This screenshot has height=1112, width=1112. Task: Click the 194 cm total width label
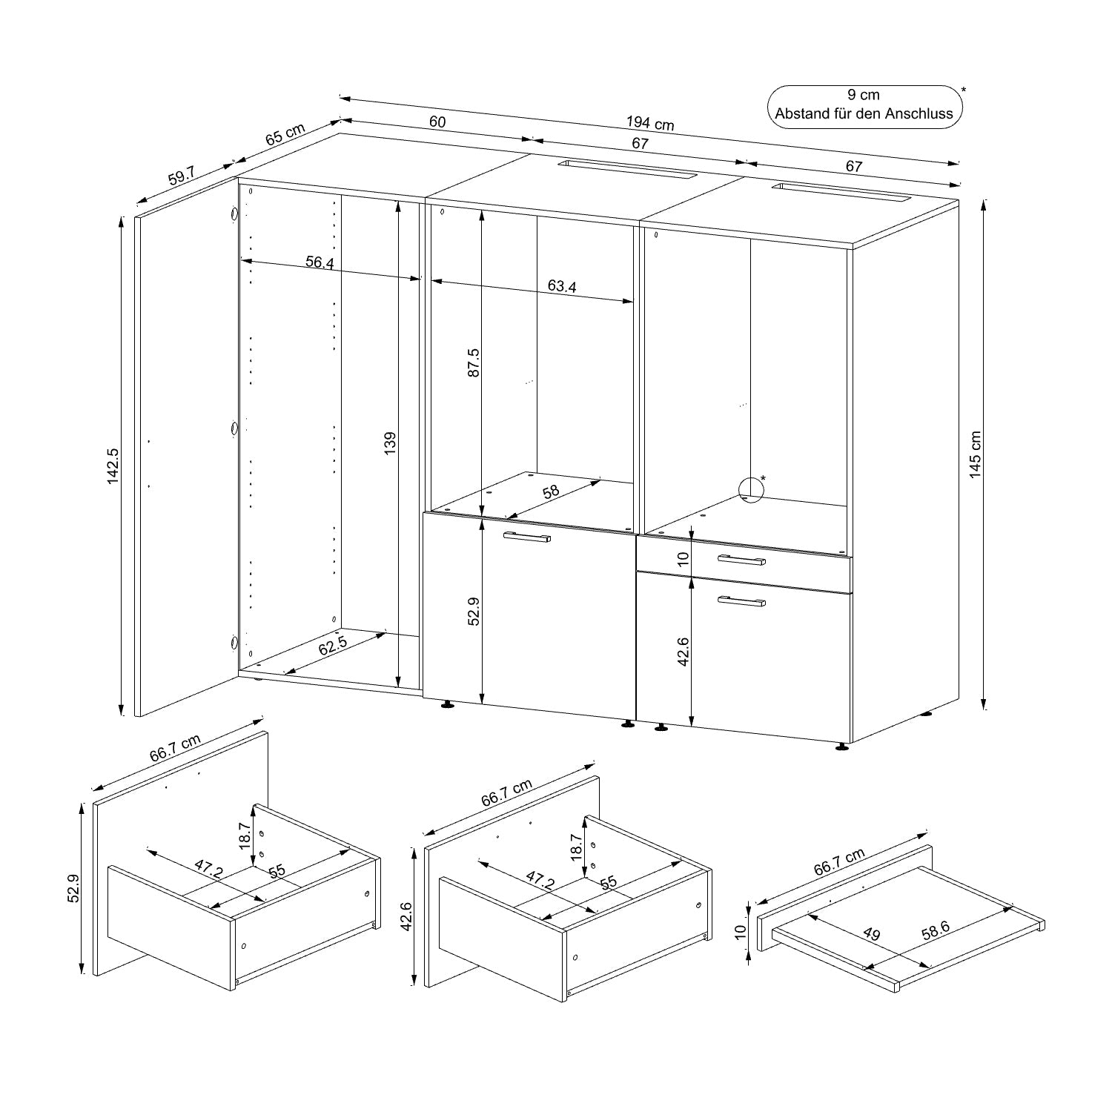coord(650,123)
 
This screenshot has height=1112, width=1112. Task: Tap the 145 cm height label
coord(976,454)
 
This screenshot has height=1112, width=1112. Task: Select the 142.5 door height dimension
coord(113,466)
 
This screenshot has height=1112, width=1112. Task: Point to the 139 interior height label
coord(391,443)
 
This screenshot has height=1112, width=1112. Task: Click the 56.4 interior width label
coord(320,262)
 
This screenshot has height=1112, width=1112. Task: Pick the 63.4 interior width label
coord(562,286)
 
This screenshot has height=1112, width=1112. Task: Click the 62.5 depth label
coord(333,646)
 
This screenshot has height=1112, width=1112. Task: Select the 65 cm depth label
coord(285,135)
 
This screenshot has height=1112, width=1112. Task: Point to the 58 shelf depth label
coord(551,491)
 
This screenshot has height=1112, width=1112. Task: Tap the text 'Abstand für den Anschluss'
coord(864,114)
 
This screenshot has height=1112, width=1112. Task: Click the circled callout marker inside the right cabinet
coord(752,489)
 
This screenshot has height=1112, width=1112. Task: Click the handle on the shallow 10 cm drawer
coord(741,560)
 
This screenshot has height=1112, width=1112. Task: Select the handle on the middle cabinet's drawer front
coord(526,537)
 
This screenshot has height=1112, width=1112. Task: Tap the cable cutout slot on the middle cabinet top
coord(626,168)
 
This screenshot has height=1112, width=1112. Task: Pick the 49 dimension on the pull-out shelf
coord(872,934)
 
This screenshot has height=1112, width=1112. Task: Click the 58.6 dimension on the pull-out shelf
coord(936,930)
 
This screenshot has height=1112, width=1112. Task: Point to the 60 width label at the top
coord(437,122)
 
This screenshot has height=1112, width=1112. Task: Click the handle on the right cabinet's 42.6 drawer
coord(741,601)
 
